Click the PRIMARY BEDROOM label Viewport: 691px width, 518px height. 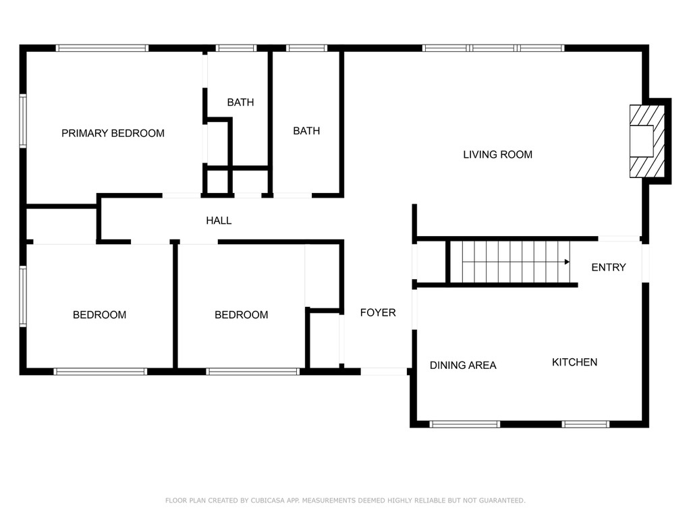(113, 133)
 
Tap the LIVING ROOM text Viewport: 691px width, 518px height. (497, 154)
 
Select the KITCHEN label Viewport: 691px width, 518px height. (575, 362)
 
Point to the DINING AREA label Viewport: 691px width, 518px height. (463, 365)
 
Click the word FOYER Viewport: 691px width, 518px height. (378, 313)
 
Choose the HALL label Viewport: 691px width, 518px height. (219, 221)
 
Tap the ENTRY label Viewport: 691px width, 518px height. (608, 267)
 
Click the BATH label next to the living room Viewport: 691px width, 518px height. (306, 131)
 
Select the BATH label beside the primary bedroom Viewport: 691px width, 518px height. (240, 103)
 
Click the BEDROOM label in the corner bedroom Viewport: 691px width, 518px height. (99, 315)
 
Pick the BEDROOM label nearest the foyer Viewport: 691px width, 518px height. (241, 315)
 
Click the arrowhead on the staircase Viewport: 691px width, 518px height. (567, 262)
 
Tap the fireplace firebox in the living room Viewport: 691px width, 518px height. (641, 141)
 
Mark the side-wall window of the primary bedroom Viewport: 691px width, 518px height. (23, 120)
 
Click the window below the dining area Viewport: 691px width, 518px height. (464, 424)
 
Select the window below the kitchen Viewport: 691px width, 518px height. (586, 424)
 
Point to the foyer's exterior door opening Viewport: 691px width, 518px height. (383, 372)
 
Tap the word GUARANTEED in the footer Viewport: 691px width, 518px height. (502, 500)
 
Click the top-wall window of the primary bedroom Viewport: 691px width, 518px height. (102, 48)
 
